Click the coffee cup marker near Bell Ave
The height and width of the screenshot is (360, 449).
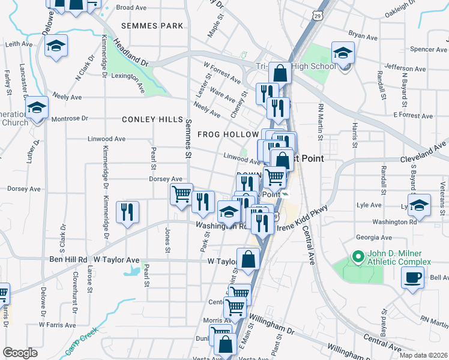coord(412,278)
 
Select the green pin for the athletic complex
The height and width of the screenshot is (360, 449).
coord(358,257)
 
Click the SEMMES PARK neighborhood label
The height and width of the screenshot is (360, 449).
coord(151,26)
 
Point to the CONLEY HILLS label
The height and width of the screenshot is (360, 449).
coord(152,119)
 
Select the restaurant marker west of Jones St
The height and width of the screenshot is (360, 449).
coord(127,212)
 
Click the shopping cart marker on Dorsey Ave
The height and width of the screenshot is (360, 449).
coord(181,194)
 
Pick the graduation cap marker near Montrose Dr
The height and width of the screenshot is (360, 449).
coord(37,108)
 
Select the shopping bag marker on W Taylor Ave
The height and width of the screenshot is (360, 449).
coord(248,260)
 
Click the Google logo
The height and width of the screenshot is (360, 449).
coord(20,353)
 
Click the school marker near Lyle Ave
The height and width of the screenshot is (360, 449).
coord(419,204)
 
